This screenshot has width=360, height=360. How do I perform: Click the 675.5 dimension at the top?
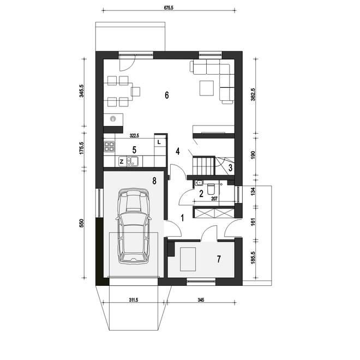tap(169, 8)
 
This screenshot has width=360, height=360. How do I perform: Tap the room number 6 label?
tap(167, 95)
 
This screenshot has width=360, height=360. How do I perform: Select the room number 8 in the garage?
tap(154, 181)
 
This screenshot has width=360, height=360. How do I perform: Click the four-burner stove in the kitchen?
tap(109, 147)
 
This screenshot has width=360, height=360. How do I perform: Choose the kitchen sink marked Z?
tap(128, 161)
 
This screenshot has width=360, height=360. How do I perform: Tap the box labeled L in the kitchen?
tap(159, 142)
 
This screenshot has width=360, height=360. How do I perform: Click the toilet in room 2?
tap(211, 189)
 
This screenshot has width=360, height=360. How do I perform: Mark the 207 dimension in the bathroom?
tap(214, 199)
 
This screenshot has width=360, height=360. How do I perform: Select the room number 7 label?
tap(219, 259)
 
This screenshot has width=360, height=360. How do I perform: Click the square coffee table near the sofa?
tap(207, 88)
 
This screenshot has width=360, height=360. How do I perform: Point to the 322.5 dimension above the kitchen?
tap(134, 136)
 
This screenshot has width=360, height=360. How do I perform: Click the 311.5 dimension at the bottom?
tap(134, 300)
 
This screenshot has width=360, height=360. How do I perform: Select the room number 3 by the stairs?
tap(230, 167)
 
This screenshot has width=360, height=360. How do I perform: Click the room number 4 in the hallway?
tap(178, 151)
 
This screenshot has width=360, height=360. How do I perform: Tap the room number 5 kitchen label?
tap(134, 149)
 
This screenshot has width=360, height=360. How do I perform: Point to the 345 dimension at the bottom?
tap(201, 300)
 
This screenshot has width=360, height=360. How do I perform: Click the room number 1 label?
tap(183, 218)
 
